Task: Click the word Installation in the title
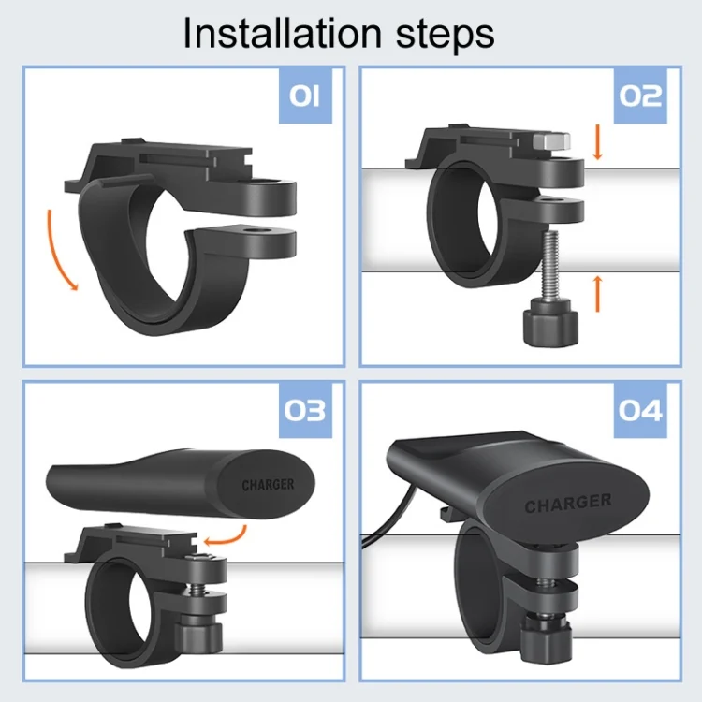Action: (282, 33)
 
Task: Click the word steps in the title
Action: (446, 36)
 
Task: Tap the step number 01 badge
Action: (305, 95)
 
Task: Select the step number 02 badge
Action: (640, 95)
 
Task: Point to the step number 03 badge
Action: (305, 411)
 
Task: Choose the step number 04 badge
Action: (640, 411)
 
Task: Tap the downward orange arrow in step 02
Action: (597, 142)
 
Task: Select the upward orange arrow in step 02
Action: (597, 294)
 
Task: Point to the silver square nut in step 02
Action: (551, 141)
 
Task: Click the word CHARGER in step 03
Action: (269, 485)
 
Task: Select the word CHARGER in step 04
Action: (568, 504)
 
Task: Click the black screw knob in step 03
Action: (198, 633)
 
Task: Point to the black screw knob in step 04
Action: (546, 636)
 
